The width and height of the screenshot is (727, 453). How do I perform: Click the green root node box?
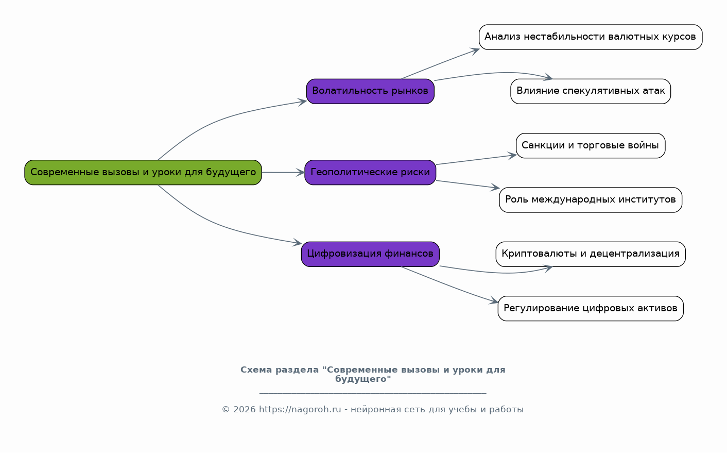[x=143, y=173]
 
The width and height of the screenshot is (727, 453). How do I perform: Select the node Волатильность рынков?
[x=370, y=91]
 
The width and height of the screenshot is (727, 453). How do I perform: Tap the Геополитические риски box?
[x=370, y=173]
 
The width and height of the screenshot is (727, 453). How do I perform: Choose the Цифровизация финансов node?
[x=370, y=254]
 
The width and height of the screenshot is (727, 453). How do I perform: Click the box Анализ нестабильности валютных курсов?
[x=591, y=37]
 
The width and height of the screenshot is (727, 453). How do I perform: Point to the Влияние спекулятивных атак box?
[x=591, y=91]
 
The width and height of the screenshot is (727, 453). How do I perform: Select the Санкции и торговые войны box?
[x=591, y=145]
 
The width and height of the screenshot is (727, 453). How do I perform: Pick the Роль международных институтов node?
[x=591, y=200]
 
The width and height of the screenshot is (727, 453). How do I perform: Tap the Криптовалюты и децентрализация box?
[x=591, y=254]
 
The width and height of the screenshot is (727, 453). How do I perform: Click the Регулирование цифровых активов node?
[x=591, y=308]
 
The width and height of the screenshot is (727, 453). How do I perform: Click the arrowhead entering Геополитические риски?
[x=300, y=173]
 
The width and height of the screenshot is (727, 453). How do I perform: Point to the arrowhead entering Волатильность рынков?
[x=302, y=102]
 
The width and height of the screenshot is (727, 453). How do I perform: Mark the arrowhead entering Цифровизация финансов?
[x=297, y=242]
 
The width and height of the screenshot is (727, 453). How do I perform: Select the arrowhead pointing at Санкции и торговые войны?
[x=512, y=156]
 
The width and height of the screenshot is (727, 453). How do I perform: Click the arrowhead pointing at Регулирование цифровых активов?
[x=494, y=301]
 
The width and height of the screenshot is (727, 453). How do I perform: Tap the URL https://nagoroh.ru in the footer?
[x=300, y=410]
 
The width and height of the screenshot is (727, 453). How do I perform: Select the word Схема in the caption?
[x=256, y=370]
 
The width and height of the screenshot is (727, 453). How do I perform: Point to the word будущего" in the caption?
[x=363, y=379]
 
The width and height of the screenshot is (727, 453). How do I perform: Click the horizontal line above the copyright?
[x=373, y=394]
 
